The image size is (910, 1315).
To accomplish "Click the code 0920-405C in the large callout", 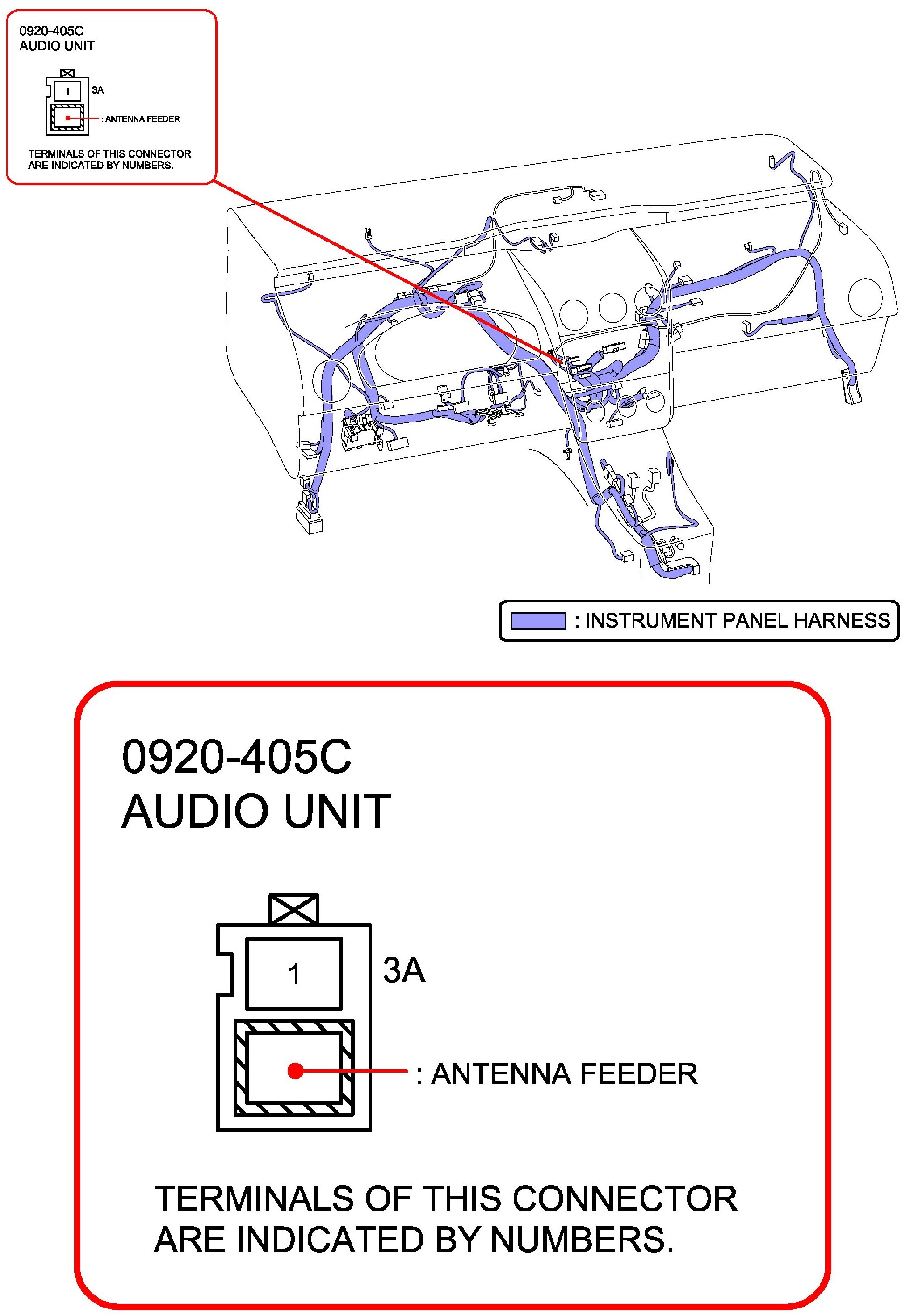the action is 237,757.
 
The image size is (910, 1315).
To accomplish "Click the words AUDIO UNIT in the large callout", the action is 256,811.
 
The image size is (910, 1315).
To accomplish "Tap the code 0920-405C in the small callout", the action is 51,31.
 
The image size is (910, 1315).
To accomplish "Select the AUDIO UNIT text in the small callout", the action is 56,46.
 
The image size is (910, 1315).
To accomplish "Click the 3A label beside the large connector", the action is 404,970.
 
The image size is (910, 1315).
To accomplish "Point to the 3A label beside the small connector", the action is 98,90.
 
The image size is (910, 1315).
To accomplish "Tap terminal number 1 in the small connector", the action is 67,91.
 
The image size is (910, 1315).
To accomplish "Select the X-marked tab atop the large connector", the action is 294,909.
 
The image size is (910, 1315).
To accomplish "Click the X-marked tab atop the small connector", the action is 67,74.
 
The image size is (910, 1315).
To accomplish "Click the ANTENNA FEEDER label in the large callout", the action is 564,1074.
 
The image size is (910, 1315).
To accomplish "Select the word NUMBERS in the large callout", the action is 582,1240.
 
